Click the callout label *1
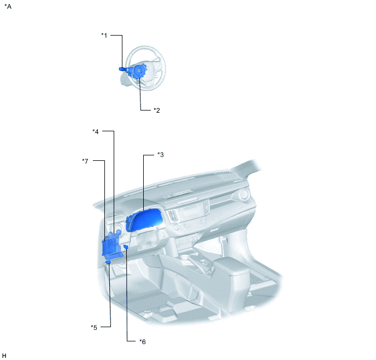[x=104, y=36]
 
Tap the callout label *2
[x=156, y=110]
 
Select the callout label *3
[x=160, y=155]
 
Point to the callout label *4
[x=96, y=131]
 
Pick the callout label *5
[x=94, y=327]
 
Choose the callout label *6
[x=142, y=341]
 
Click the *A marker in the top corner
[x=8, y=6]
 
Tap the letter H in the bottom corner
[x=4, y=355]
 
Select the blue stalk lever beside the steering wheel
[x=122, y=69]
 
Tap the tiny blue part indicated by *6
[x=126, y=247]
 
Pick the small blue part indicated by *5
[x=109, y=264]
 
